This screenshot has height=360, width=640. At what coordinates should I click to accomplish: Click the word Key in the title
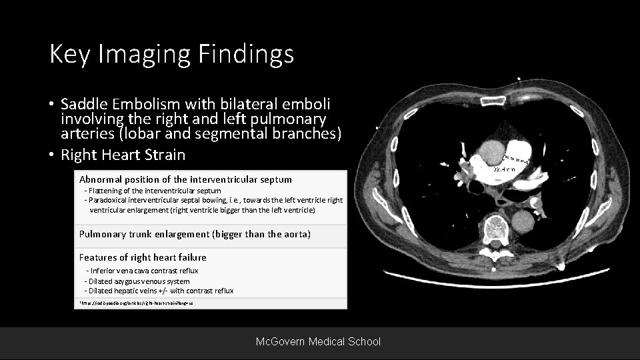click(70, 54)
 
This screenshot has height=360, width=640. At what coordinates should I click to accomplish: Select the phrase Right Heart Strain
click(123, 155)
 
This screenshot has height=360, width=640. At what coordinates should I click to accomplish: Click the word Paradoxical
click(113, 200)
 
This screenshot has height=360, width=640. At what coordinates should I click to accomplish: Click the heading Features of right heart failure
click(143, 257)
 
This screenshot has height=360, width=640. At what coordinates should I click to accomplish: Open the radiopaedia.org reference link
click(136, 303)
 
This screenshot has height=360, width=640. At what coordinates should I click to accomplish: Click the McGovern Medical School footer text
click(319, 341)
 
